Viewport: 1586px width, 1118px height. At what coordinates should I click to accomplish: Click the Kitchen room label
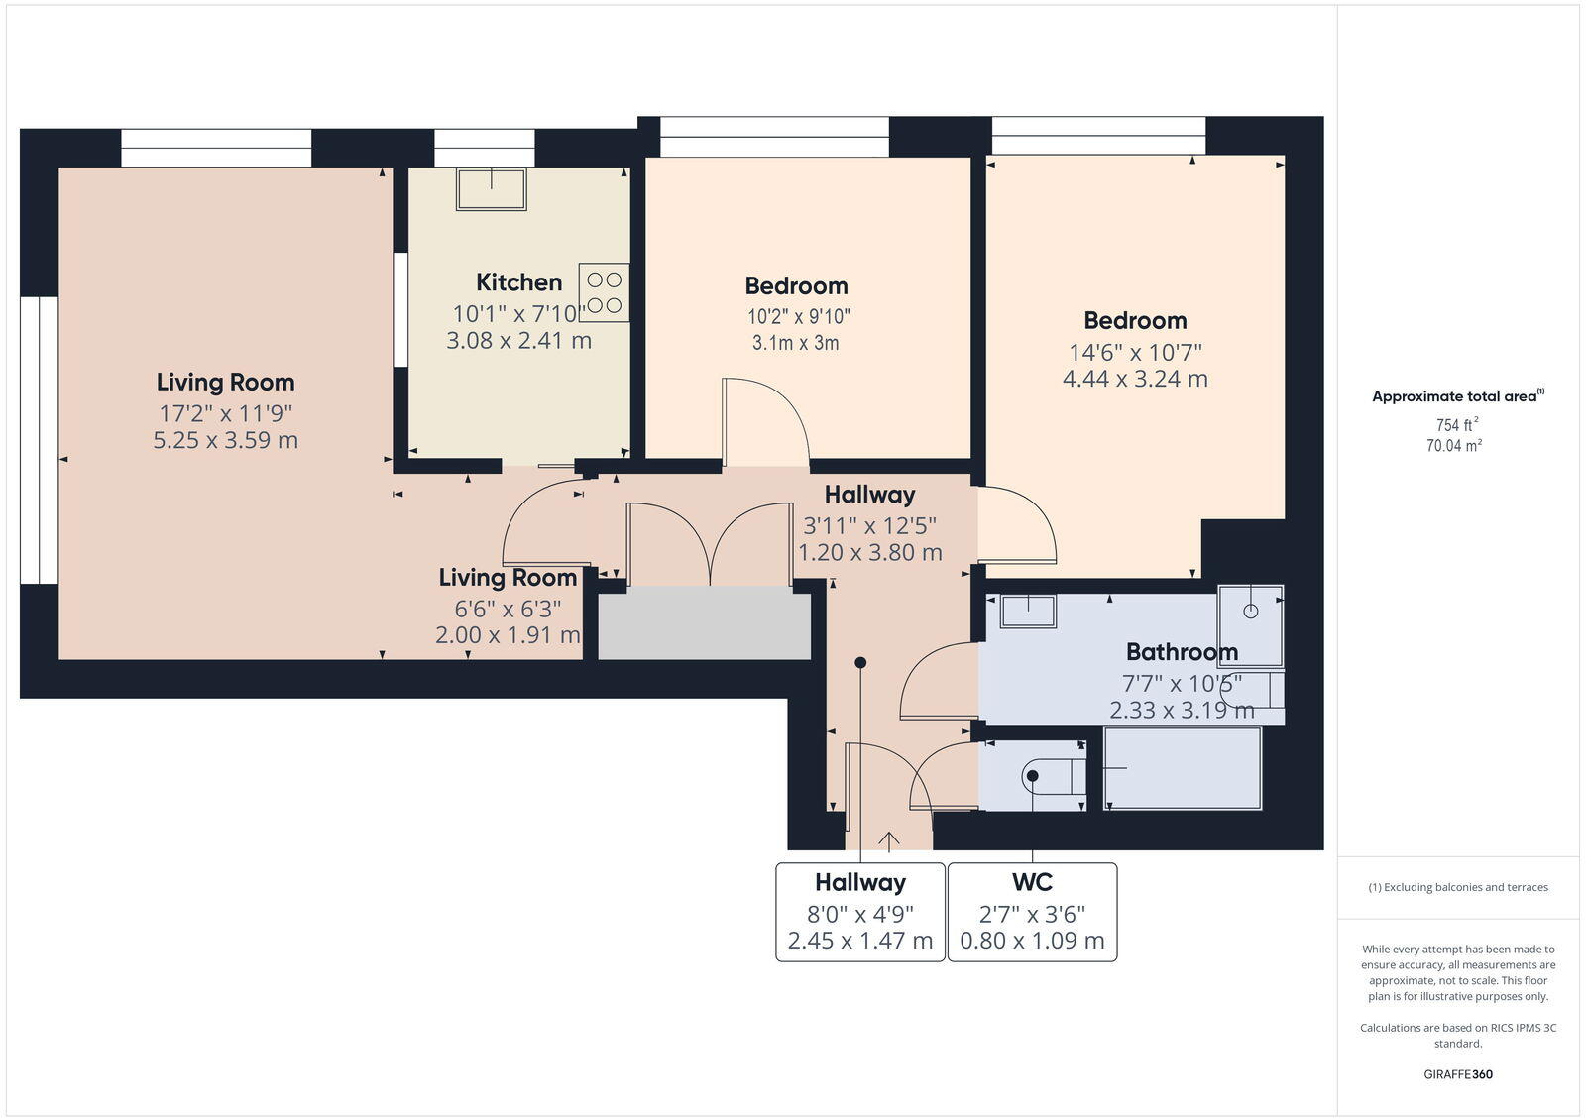click(x=518, y=282)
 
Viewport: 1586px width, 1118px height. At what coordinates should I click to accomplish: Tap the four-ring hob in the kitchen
click(x=604, y=292)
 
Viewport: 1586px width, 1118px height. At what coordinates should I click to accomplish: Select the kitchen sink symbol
click(x=491, y=188)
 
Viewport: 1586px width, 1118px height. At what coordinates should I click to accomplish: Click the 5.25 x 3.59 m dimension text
click(x=225, y=440)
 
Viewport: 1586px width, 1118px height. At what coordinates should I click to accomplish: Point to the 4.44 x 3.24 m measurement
click(x=1135, y=379)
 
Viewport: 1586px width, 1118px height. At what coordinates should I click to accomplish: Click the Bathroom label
click(x=1182, y=652)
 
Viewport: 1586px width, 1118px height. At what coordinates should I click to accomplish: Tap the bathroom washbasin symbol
click(x=1028, y=611)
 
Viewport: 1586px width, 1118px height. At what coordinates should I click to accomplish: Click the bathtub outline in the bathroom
click(x=1183, y=768)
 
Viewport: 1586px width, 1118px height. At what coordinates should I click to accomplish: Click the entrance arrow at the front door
click(x=889, y=841)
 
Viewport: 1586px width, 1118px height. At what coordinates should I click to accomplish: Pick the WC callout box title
click(x=1032, y=882)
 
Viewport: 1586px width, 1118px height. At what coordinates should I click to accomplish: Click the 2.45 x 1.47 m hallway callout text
click(x=860, y=941)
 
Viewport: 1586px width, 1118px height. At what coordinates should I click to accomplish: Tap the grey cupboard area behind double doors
click(x=704, y=623)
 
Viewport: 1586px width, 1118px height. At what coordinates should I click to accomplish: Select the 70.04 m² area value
click(x=1454, y=446)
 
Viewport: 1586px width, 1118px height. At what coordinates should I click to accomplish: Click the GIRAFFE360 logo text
click(x=1458, y=1074)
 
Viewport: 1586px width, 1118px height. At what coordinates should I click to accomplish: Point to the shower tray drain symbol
click(x=1250, y=612)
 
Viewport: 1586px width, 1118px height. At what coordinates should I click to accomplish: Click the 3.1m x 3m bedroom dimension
click(x=795, y=343)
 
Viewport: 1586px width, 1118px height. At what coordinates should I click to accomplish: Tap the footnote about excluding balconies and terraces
click(x=1458, y=887)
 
